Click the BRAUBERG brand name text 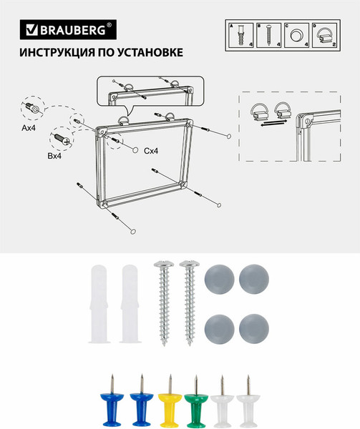(77, 30)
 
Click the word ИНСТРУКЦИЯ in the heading (55, 52)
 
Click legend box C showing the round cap (298, 35)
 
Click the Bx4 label (55, 155)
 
